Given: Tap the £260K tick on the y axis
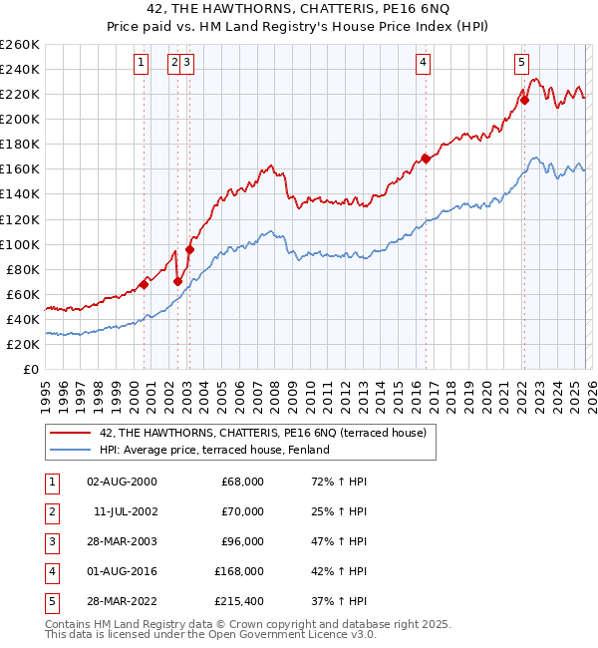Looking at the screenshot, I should click(x=20, y=45).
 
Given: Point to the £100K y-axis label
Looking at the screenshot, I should click(x=20, y=244).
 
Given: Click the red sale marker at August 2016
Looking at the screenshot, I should click(x=426, y=158).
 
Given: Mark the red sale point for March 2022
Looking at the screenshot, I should click(x=524, y=99).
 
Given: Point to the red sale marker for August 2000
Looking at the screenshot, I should click(x=144, y=284).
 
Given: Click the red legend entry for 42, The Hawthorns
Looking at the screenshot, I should click(x=263, y=433).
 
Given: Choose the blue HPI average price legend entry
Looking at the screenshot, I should click(x=214, y=450).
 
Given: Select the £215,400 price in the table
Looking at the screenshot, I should click(x=239, y=601).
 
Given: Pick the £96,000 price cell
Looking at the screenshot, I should click(x=242, y=541).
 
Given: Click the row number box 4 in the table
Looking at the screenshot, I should click(x=51, y=571).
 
